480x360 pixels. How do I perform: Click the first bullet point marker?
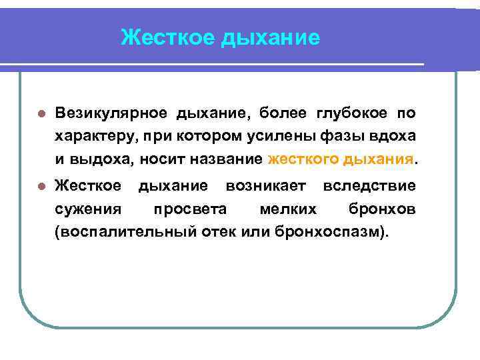[42, 114]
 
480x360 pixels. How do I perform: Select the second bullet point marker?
[42, 185]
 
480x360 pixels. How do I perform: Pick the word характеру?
[94, 137]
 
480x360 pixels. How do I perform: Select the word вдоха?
[395, 136]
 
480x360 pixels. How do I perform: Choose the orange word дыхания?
[378, 160]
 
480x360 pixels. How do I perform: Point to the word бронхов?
[382, 209]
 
